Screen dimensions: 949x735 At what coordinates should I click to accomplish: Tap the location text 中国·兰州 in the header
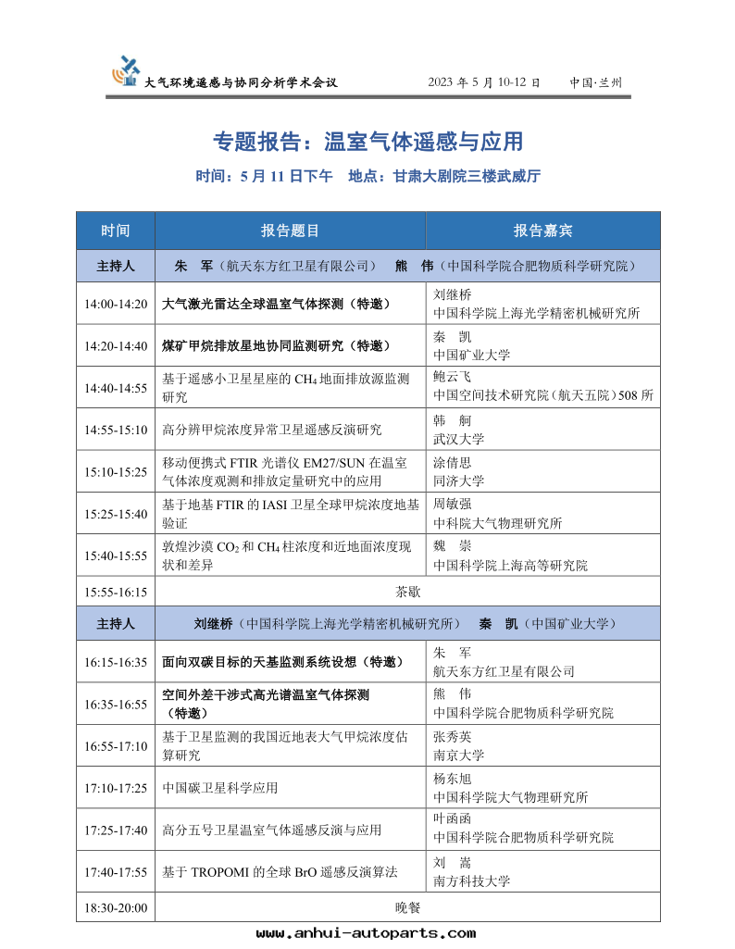[x=596, y=82]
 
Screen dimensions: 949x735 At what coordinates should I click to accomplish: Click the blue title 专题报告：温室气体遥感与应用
[x=367, y=141]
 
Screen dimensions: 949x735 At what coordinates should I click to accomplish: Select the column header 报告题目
[x=290, y=231]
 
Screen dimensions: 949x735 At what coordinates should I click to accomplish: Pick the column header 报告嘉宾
[x=542, y=231]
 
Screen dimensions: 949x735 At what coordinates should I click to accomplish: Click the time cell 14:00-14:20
[x=116, y=304]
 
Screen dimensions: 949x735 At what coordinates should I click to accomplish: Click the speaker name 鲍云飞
[x=452, y=377]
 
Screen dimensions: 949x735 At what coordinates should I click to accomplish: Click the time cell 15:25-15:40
[x=116, y=514]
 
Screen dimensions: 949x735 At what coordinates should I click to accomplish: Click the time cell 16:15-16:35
[x=116, y=662]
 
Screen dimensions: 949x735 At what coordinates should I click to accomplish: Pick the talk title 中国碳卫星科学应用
[x=220, y=789]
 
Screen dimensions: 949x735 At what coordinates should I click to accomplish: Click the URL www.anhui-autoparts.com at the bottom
[x=366, y=933]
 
